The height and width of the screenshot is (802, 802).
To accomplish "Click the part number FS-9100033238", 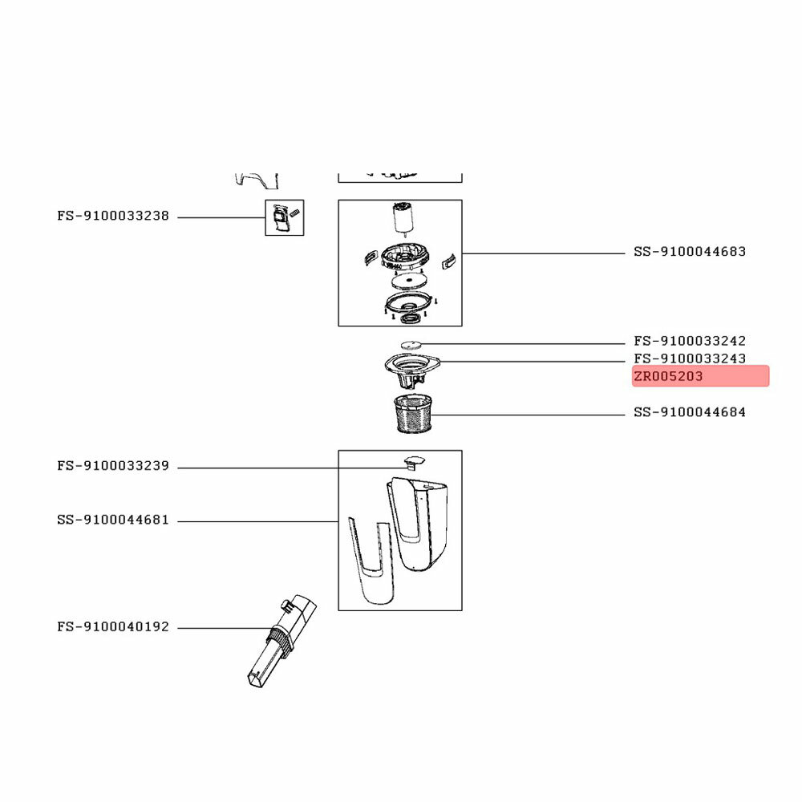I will (113, 217).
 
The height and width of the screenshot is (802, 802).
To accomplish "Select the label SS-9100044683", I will (690, 252).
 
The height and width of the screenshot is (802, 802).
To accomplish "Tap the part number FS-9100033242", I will (690, 342).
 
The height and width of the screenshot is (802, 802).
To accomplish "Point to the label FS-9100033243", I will (690, 358).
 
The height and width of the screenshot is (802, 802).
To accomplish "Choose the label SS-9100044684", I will (690, 413).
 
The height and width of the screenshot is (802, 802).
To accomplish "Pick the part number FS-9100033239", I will (113, 466).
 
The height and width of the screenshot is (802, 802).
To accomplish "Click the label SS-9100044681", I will (113, 520).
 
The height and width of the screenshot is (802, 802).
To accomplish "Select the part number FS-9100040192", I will (113, 627).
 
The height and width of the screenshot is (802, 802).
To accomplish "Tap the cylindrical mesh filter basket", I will (414, 415).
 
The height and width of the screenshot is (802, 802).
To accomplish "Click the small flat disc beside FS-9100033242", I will (411, 344).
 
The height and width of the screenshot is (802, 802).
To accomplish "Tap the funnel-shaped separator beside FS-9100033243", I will (412, 369).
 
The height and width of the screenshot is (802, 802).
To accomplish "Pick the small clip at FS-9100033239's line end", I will (414, 461).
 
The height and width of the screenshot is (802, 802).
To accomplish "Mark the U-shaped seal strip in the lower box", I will (370, 561).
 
